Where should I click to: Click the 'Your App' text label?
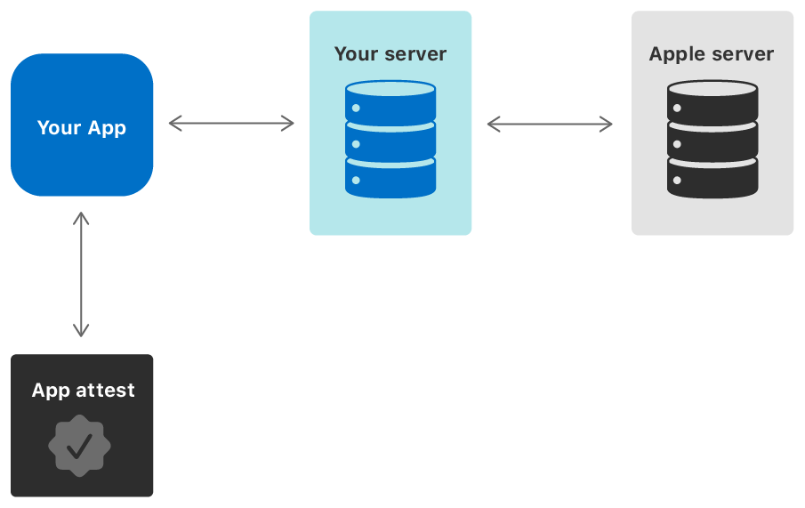(82, 127)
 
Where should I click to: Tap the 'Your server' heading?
(390, 53)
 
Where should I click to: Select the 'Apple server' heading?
(712, 53)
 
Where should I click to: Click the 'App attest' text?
(83, 390)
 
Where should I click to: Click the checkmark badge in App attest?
(79, 444)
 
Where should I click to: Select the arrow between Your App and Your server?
(231, 124)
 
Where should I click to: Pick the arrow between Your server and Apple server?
(550, 124)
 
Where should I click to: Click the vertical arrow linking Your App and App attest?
(81, 275)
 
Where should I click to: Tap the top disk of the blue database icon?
(390, 102)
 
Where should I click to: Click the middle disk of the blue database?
(390, 141)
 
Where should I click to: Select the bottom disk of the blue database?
(390, 178)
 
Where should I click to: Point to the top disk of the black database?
(712, 102)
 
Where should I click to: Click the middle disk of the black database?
(712, 141)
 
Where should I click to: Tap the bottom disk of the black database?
(712, 178)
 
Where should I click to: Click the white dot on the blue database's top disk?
(356, 108)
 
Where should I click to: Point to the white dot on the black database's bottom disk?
(678, 181)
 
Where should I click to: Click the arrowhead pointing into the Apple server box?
(607, 124)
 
